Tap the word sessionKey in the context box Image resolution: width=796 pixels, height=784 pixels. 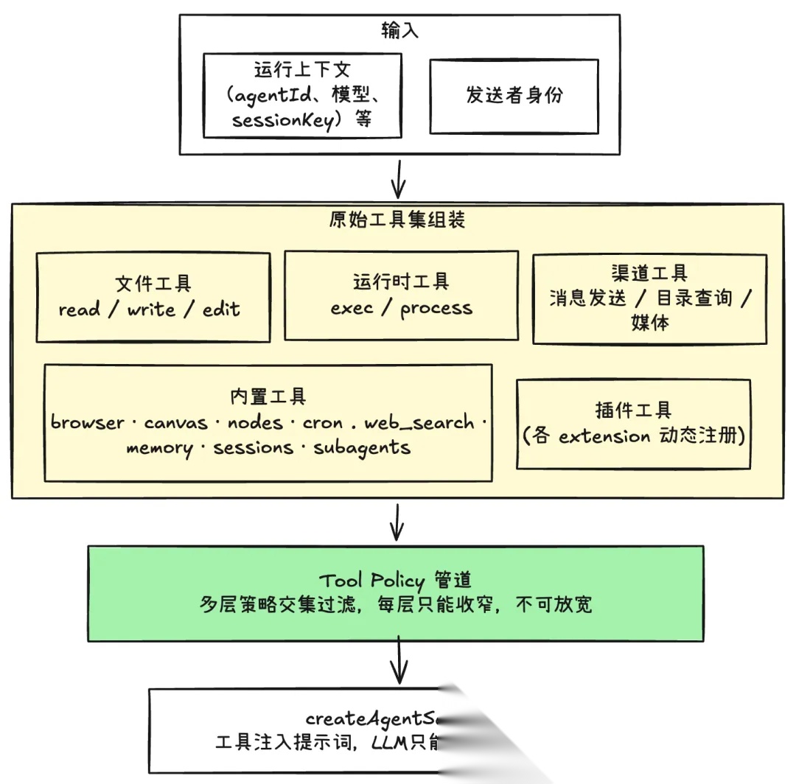[282, 120]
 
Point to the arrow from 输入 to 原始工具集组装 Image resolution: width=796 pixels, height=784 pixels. [398, 178]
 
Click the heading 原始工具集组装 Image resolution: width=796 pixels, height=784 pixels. [397, 220]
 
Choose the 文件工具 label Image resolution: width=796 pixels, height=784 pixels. [153, 284]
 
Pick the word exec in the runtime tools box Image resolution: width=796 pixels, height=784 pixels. [352, 307]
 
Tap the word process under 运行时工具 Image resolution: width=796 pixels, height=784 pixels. [436, 308]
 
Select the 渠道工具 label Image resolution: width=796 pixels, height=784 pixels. [649, 273]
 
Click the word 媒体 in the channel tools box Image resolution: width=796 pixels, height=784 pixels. [649, 323]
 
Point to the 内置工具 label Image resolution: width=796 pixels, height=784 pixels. [268, 397]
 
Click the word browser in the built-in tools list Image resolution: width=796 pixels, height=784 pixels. [88, 422]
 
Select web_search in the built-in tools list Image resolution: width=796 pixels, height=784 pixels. [419, 422]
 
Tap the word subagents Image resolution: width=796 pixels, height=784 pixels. [362, 447]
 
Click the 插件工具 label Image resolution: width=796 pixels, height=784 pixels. [634, 410]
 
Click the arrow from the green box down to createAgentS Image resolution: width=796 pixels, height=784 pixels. [399, 661]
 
